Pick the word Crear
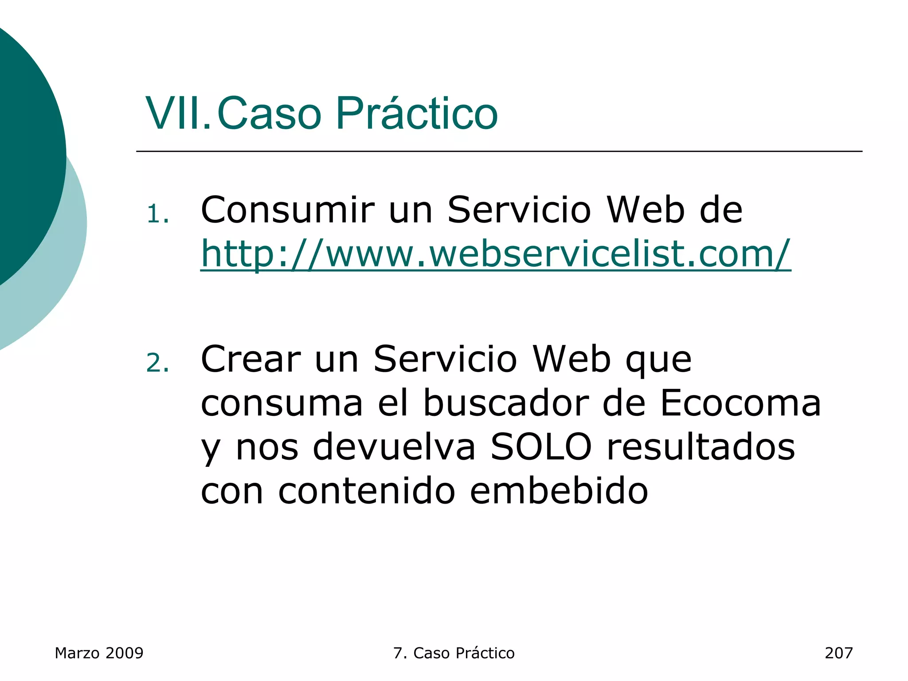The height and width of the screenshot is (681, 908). coord(250,359)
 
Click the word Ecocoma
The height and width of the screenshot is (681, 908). coord(740,403)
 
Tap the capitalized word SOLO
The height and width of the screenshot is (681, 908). coord(541,447)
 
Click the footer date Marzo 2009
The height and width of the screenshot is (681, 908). coord(99,653)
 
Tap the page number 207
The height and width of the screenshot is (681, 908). coord(838,653)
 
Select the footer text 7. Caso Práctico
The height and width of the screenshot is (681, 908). coord(454,653)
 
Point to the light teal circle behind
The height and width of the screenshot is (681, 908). coord(67,266)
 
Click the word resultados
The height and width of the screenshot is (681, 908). coord(701,447)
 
